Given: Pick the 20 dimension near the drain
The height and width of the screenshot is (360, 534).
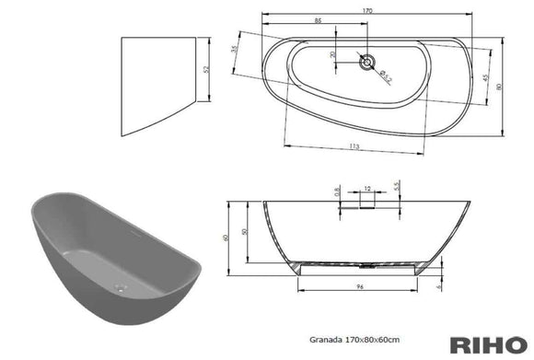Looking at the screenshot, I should click(x=333, y=54).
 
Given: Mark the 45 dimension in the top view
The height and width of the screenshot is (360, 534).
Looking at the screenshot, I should click(x=486, y=77).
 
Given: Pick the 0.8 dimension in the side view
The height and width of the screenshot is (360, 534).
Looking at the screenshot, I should click(x=338, y=192).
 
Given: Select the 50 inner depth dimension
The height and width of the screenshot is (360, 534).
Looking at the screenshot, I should click(x=244, y=233).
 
